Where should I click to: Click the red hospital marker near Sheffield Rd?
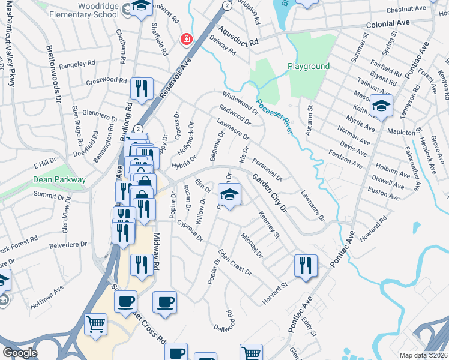[x=187, y=40]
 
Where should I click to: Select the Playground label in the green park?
[x=309, y=66]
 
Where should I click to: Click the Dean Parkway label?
[x=61, y=179]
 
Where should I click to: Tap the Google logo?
[x=20, y=352]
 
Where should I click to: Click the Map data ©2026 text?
[x=423, y=355]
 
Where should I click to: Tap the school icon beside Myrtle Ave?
[x=381, y=106]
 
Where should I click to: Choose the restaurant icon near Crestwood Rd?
[x=142, y=89]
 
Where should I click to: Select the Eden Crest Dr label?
[x=235, y=262]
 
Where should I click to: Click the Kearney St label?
[x=269, y=223]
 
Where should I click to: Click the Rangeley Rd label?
[x=78, y=62]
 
